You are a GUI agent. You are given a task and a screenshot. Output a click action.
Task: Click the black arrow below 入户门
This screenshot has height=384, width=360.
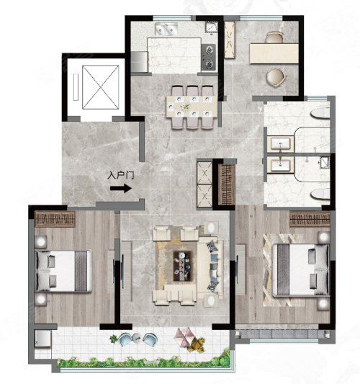click(x=121, y=188)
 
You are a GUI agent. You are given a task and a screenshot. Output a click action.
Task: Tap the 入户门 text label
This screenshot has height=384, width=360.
click(x=121, y=175)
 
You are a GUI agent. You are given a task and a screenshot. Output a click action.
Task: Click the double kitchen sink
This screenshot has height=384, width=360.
click(x=166, y=29)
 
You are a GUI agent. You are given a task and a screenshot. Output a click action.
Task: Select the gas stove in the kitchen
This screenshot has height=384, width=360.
click(x=209, y=57)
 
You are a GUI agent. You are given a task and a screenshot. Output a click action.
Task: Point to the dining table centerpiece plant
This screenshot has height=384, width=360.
click(x=186, y=107)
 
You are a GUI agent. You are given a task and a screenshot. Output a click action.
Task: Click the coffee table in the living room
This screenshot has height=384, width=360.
click(x=183, y=266)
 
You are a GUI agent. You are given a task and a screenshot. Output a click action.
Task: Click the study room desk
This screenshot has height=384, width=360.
click(x=274, y=53)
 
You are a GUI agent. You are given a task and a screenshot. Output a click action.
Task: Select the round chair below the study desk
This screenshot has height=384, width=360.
click(x=276, y=77)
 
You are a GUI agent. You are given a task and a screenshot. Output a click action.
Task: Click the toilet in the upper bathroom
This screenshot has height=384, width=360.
click(x=320, y=114)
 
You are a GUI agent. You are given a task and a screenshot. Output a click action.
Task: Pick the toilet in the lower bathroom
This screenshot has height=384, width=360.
click(x=320, y=194)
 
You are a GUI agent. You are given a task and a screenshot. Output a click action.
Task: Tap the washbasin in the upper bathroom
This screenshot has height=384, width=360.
click(x=280, y=143)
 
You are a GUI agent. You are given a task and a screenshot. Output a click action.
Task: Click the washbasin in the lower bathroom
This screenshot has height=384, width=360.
click(x=281, y=164)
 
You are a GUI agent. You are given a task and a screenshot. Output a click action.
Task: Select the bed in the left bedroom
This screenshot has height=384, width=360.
click(x=63, y=271)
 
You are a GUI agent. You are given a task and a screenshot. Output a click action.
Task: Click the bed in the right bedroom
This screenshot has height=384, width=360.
click(x=300, y=269)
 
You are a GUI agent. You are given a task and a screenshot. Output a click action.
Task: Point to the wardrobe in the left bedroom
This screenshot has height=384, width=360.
click(x=55, y=219)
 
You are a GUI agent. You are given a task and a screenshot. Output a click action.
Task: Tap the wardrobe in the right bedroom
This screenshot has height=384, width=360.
click(x=310, y=219)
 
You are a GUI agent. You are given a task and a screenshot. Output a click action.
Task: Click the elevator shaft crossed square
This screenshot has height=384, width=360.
click(x=101, y=87)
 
